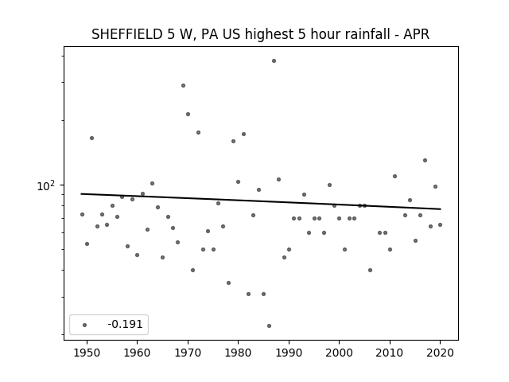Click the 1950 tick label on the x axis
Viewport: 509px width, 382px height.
tap(87, 353)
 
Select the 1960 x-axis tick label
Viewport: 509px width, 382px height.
tap(137, 353)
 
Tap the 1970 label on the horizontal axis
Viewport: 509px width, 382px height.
tap(188, 353)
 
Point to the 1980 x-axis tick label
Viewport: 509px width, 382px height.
tap(238, 353)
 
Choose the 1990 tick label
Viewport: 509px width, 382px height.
tap(289, 353)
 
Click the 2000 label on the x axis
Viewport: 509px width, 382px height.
tap(339, 353)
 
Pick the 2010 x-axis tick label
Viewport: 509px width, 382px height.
tap(390, 353)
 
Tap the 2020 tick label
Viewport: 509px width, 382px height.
tap(440, 353)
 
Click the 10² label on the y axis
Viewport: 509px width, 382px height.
tap(46, 185)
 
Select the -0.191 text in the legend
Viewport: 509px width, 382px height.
tap(126, 324)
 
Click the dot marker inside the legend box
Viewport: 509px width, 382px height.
tap(85, 325)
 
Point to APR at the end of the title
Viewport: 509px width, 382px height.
tap(416, 34)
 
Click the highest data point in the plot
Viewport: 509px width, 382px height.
tap(274, 60)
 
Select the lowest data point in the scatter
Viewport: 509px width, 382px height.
tap(269, 325)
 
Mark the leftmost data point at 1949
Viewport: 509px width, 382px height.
tap(82, 214)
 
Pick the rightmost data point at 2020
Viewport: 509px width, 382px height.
tap(440, 224)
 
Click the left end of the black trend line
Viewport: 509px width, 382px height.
tap(81, 194)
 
